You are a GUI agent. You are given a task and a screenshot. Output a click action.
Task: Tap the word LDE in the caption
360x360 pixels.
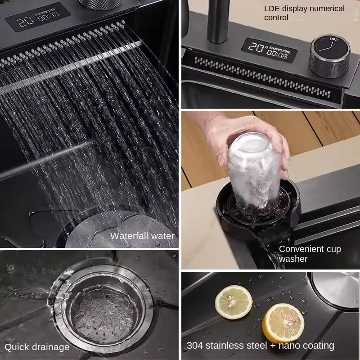pyautogui.click(x=272, y=9)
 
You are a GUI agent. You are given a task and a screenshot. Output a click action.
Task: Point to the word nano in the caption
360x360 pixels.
pyautogui.click(x=289, y=346)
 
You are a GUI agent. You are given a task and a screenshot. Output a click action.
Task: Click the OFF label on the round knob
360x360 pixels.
pyautogui.click(x=333, y=39)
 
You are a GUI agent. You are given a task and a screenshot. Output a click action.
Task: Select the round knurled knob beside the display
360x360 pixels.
pyautogui.click(x=329, y=57)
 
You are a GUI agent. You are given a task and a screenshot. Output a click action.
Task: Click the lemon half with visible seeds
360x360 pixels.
pyautogui.click(x=234, y=302)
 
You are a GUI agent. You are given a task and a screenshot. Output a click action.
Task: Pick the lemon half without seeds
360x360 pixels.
pyautogui.click(x=283, y=323)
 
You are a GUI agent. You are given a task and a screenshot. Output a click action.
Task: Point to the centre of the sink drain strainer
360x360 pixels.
pyautogui.click(x=103, y=312)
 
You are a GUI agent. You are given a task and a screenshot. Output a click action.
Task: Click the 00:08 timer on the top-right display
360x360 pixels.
pyautogui.click(x=276, y=55)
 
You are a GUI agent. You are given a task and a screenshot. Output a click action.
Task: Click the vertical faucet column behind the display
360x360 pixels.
pyautogui.click(x=217, y=21)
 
